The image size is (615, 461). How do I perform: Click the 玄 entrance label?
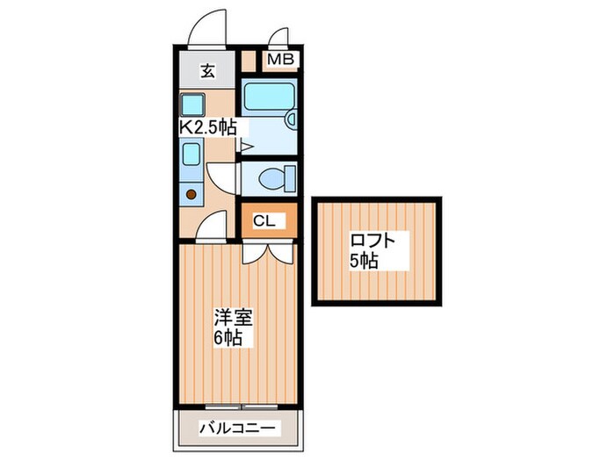click(x=207, y=72)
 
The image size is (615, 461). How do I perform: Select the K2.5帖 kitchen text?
click(x=208, y=127)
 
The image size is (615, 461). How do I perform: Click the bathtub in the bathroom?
click(x=267, y=97)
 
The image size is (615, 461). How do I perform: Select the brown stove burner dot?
click(x=191, y=195)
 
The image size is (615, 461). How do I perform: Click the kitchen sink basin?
click(x=192, y=155)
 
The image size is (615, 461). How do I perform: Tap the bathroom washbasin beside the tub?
click(x=291, y=119)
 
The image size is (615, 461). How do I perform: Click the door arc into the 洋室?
click(x=211, y=230)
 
